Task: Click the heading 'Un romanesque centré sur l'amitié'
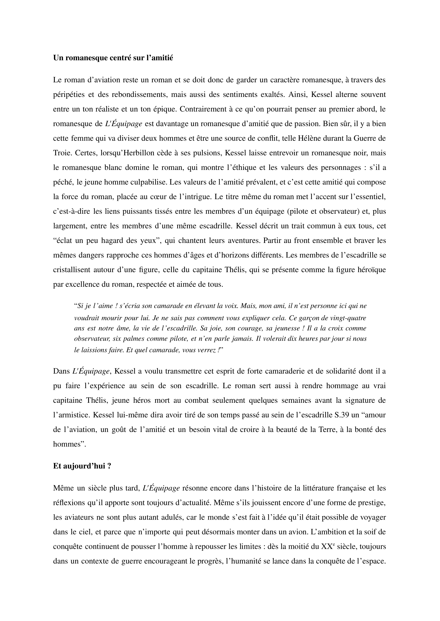pos(113,58)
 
